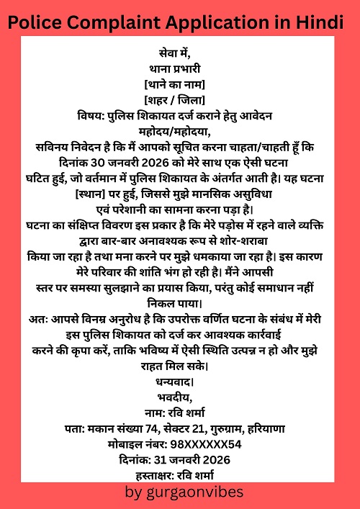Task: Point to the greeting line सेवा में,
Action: pyautogui.click(x=180, y=53)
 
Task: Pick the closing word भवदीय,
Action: pyautogui.click(x=180, y=397)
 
